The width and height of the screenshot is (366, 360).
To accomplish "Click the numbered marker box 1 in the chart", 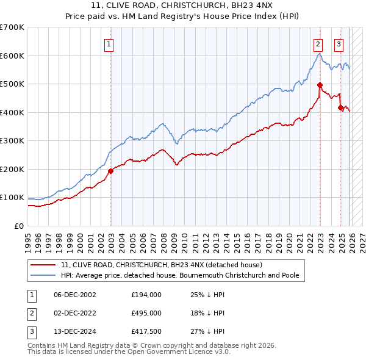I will [x=109, y=44].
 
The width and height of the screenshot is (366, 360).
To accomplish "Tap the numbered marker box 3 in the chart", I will [x=339, y=44].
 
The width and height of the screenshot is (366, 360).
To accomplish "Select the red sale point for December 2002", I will [x=110, y=171].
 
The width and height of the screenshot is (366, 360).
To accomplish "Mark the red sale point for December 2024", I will [x=340, y=107].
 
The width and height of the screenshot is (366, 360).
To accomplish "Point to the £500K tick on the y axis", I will [x=12, y=84].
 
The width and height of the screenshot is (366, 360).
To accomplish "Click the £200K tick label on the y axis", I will [x=12, y=169].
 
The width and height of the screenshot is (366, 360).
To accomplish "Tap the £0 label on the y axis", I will [x=18, y=226].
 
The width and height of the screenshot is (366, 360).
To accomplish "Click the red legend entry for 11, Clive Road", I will [x=161, y=265].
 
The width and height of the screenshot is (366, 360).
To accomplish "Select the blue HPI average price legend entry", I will [x=180, y=276].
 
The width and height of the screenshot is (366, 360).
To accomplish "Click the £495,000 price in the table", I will [x=146, y=312].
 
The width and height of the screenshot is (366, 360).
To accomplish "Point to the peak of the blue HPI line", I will [x=320, y=54].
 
